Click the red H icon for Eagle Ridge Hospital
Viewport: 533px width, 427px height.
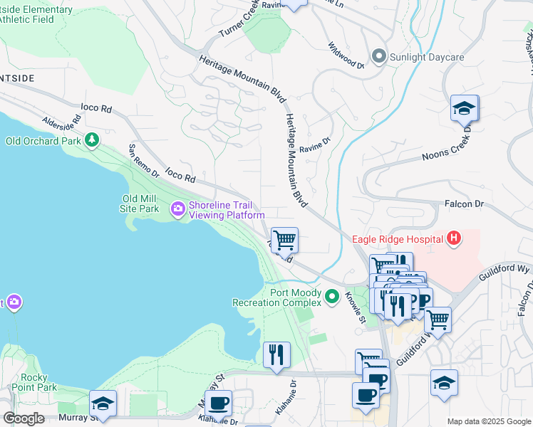454,239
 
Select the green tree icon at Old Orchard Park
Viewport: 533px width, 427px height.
91,140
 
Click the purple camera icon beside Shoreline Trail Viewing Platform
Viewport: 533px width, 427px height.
177,209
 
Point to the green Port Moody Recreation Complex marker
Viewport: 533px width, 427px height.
331,295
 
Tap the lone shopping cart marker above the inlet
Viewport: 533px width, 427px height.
284,241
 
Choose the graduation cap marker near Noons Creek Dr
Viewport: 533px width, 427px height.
465,109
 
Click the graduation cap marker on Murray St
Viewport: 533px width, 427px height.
103,404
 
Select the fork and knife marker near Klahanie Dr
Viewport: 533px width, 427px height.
276,354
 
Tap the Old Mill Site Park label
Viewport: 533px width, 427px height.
140,204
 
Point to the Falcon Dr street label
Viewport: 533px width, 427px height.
465,204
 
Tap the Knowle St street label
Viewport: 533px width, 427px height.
356,307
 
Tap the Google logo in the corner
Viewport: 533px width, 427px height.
23,418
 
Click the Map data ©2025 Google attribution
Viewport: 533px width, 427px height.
488,421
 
